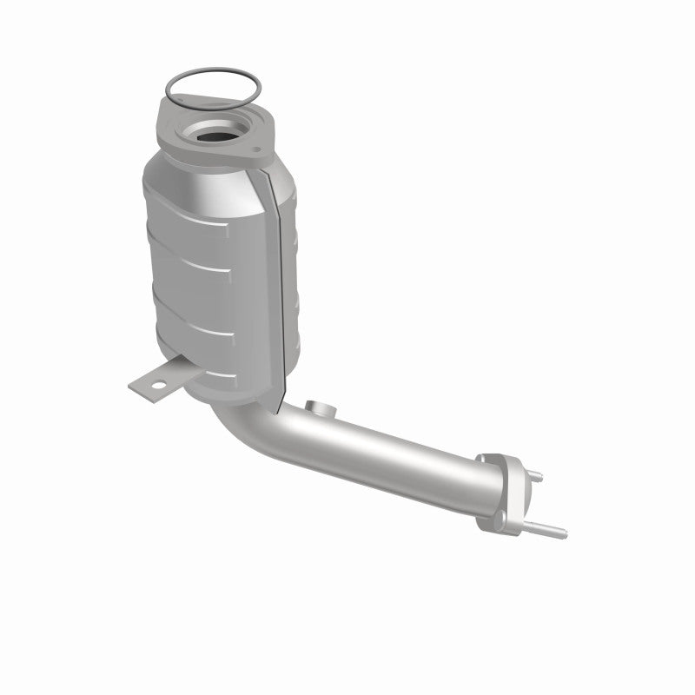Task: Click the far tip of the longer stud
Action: (565, 532)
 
